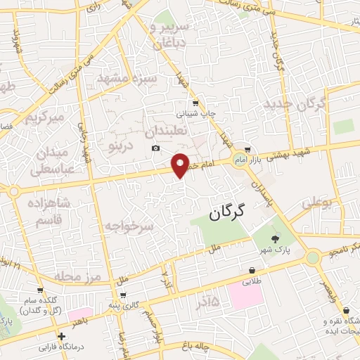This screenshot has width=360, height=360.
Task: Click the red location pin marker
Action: click(181, 165)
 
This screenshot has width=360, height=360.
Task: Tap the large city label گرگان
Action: click(234, 215)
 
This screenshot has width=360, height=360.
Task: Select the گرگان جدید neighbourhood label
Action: click(295, 105)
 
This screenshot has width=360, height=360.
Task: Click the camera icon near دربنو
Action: click(155, 148)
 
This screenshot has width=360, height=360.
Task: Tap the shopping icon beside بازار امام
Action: click(248, 149)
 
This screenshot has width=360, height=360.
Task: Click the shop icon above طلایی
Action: click(252, 270)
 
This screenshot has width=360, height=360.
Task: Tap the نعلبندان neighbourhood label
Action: click(166, 131)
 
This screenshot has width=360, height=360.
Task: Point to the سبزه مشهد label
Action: click(126, 78)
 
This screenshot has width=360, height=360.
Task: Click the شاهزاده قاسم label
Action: click(49, 210)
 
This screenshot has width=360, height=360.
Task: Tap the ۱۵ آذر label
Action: click(204, 302)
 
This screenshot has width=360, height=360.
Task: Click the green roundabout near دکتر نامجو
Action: click(313, 258)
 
